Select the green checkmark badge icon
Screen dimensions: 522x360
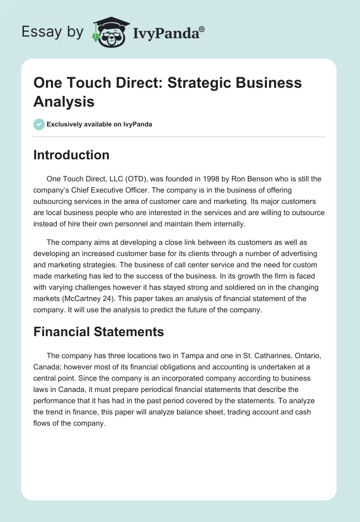pos(39,124)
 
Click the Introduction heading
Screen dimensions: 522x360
pos(71,155)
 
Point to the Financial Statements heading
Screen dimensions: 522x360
pos(99,332)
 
